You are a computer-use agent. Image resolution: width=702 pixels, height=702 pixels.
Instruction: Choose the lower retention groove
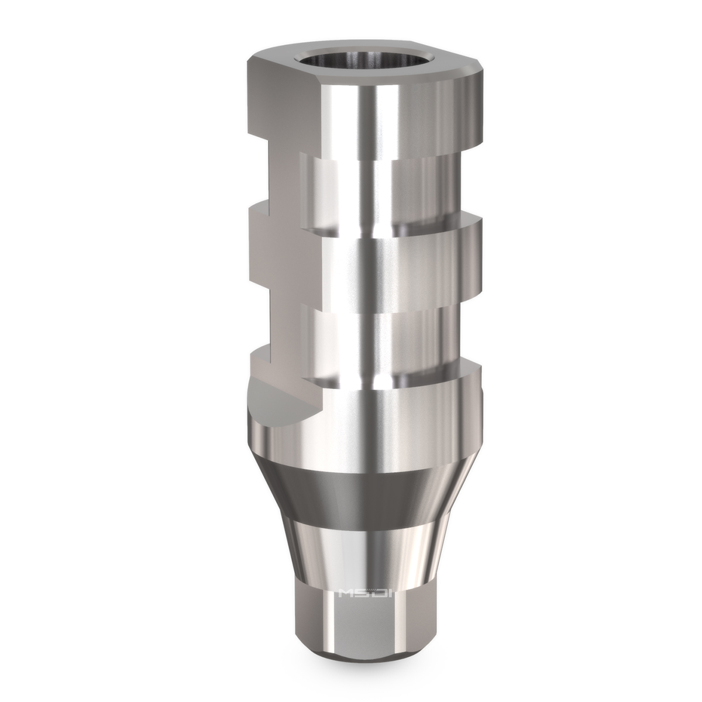363,336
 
